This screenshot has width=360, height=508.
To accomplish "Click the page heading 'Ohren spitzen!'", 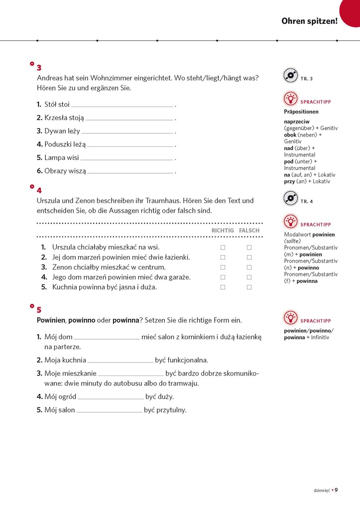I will tap(309, 21).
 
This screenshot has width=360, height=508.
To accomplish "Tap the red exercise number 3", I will tap(39, 68).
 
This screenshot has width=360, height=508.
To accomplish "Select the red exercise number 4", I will tap(39, 190).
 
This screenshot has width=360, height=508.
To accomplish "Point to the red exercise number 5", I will tap(39, 309).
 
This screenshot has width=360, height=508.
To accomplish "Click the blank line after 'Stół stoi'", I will tap(122, 105).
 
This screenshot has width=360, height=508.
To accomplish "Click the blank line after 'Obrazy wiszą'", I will tap(130, 172).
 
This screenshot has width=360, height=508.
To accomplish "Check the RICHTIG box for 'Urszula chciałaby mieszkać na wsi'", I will tap(223, 248).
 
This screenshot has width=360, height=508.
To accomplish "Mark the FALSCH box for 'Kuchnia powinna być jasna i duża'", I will tap(249, 287).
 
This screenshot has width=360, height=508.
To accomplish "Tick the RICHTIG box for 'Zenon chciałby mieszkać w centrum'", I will tap(223, 267).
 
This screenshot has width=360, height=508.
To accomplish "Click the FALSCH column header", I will tap(249, 231).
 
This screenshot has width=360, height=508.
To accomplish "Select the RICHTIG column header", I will tap(223, 231).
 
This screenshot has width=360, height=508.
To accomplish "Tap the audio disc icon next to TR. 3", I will tap(290, 76).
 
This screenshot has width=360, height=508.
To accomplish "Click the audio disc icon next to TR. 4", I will tap(290, 199).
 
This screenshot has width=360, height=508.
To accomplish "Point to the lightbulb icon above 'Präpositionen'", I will tap(290, 99).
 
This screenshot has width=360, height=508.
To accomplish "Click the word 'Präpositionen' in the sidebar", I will tap(301, 112).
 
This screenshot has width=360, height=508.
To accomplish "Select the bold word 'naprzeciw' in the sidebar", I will tap(297, 122).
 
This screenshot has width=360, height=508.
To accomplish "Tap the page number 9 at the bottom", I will tap(336, 490).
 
